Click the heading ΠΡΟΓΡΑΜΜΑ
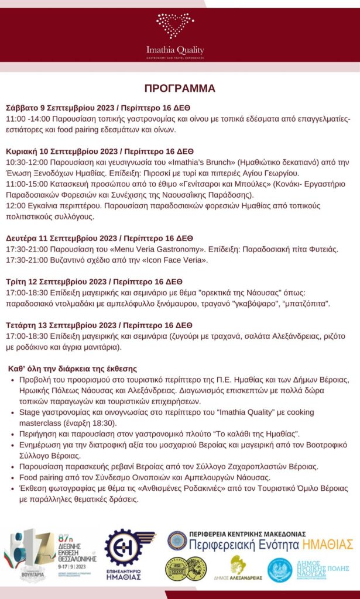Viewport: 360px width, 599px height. tap(180, 88)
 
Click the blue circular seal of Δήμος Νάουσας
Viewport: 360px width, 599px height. tap(280, 570)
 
